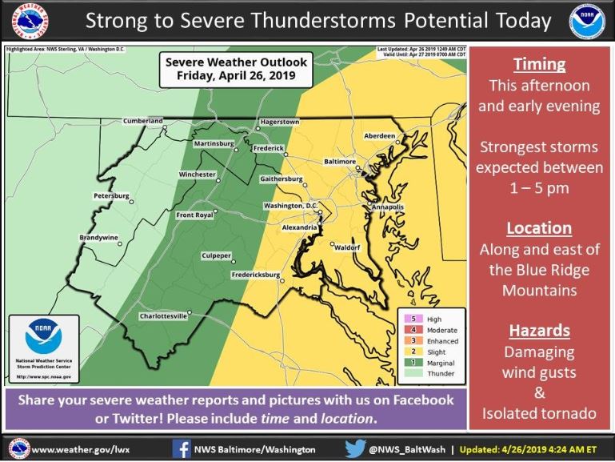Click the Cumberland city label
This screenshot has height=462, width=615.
[142, 121]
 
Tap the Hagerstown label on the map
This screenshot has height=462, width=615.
[278, 122]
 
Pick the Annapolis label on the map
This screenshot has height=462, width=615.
[387, 207]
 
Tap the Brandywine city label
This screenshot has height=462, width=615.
[99, 238]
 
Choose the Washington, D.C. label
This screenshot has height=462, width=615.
[290, 206]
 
